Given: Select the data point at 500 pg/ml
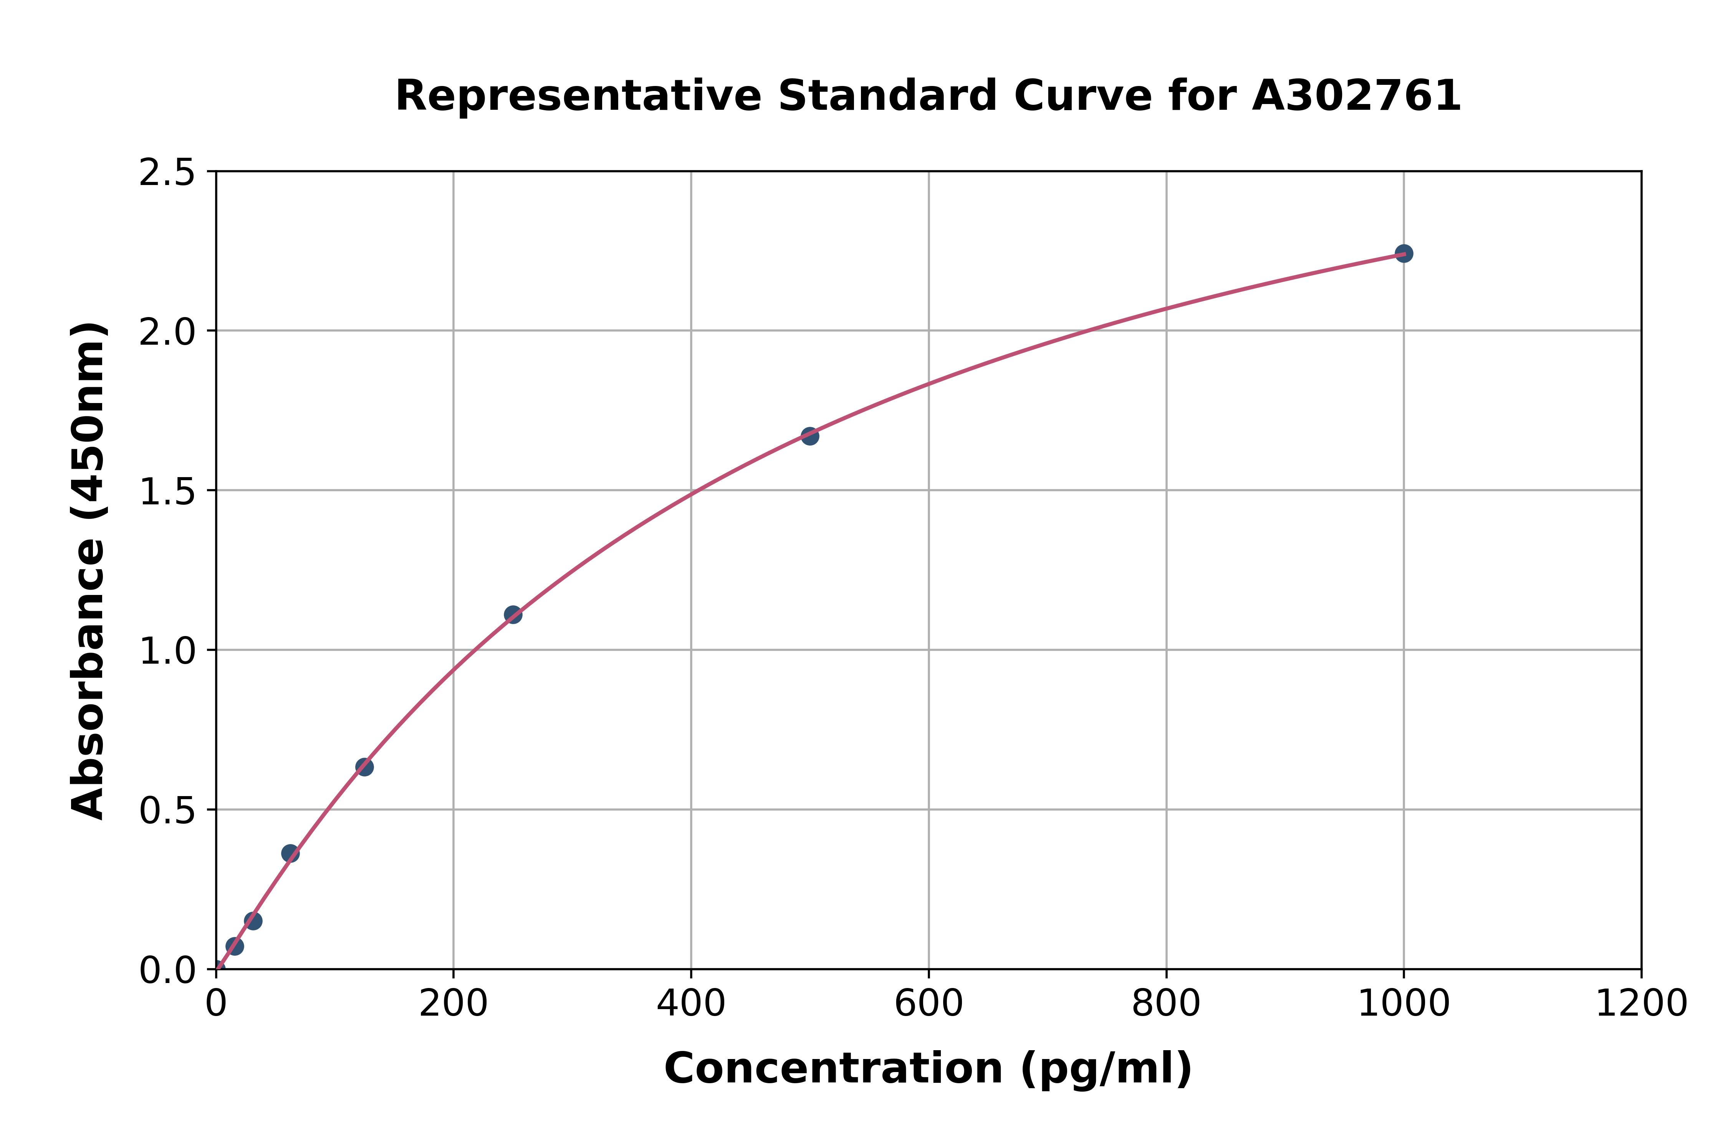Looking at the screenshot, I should click(809, 436).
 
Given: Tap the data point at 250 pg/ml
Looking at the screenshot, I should click(513, 615).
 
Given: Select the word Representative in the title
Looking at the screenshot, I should click(578, 96).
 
